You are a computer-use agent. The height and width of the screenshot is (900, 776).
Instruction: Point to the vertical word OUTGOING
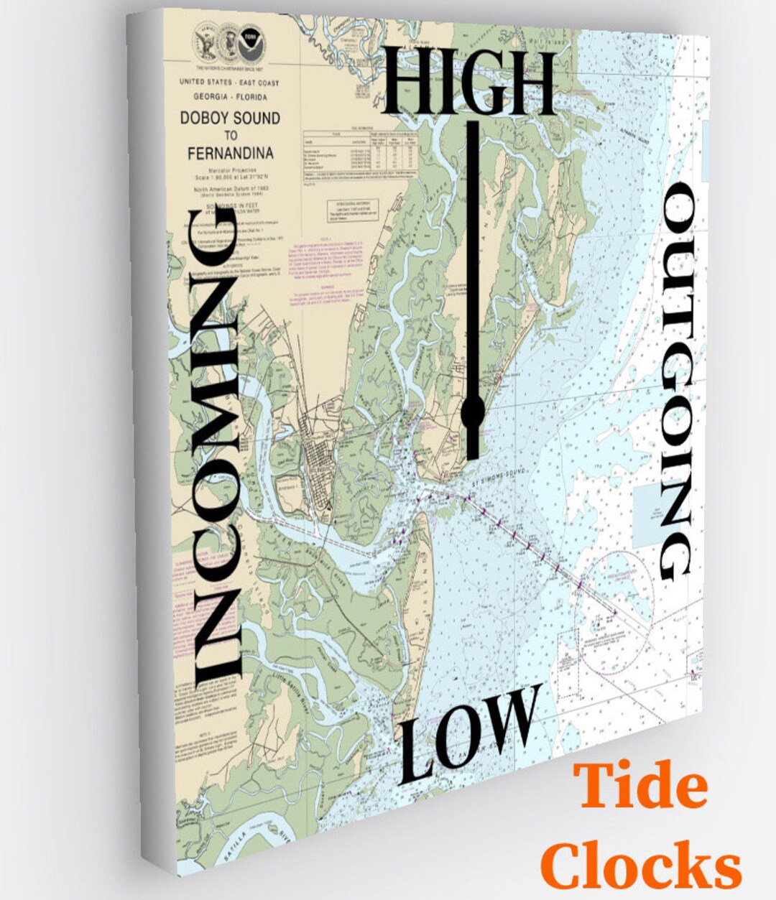click(x=675, y=381)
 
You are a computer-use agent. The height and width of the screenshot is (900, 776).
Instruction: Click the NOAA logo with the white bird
click(x=251, y=34)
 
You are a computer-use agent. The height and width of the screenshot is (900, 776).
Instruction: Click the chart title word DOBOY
click(x=205, y=119)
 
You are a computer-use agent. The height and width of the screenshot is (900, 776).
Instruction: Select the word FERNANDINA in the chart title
click(x=231, y=153)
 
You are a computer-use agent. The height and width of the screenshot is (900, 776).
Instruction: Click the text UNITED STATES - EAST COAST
click(x=229, y=83)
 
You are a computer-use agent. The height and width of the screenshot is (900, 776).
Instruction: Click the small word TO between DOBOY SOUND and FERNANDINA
click(x=230, y=135)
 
